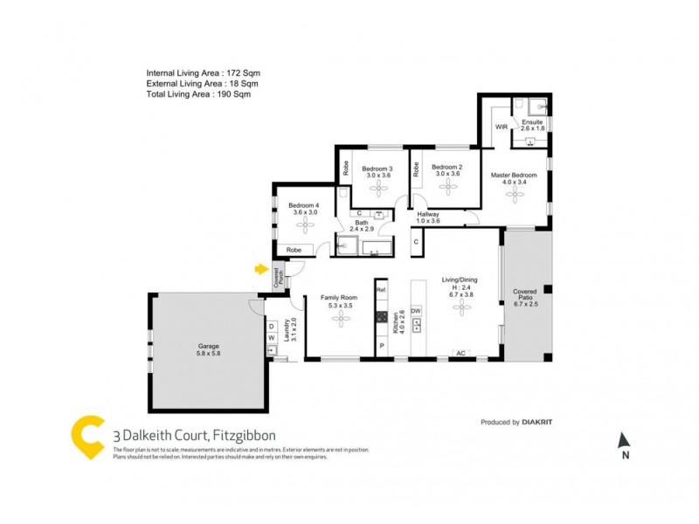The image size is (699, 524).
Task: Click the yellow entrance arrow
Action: (x=260, y=269)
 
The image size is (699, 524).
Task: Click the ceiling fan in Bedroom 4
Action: (x=305, y=225)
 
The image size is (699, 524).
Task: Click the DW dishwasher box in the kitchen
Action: (x=416, y=311)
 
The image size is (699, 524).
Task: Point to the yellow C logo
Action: (x=88, y=435)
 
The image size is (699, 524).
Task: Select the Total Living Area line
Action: (x=198, y=94)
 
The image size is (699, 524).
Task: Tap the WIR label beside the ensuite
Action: (x=502, y=128)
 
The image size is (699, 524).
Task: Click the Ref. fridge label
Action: (x=381, y=289)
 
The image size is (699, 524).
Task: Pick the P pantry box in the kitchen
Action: (x=381, y=346)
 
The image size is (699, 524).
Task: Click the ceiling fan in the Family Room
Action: (x=337, y=320)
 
